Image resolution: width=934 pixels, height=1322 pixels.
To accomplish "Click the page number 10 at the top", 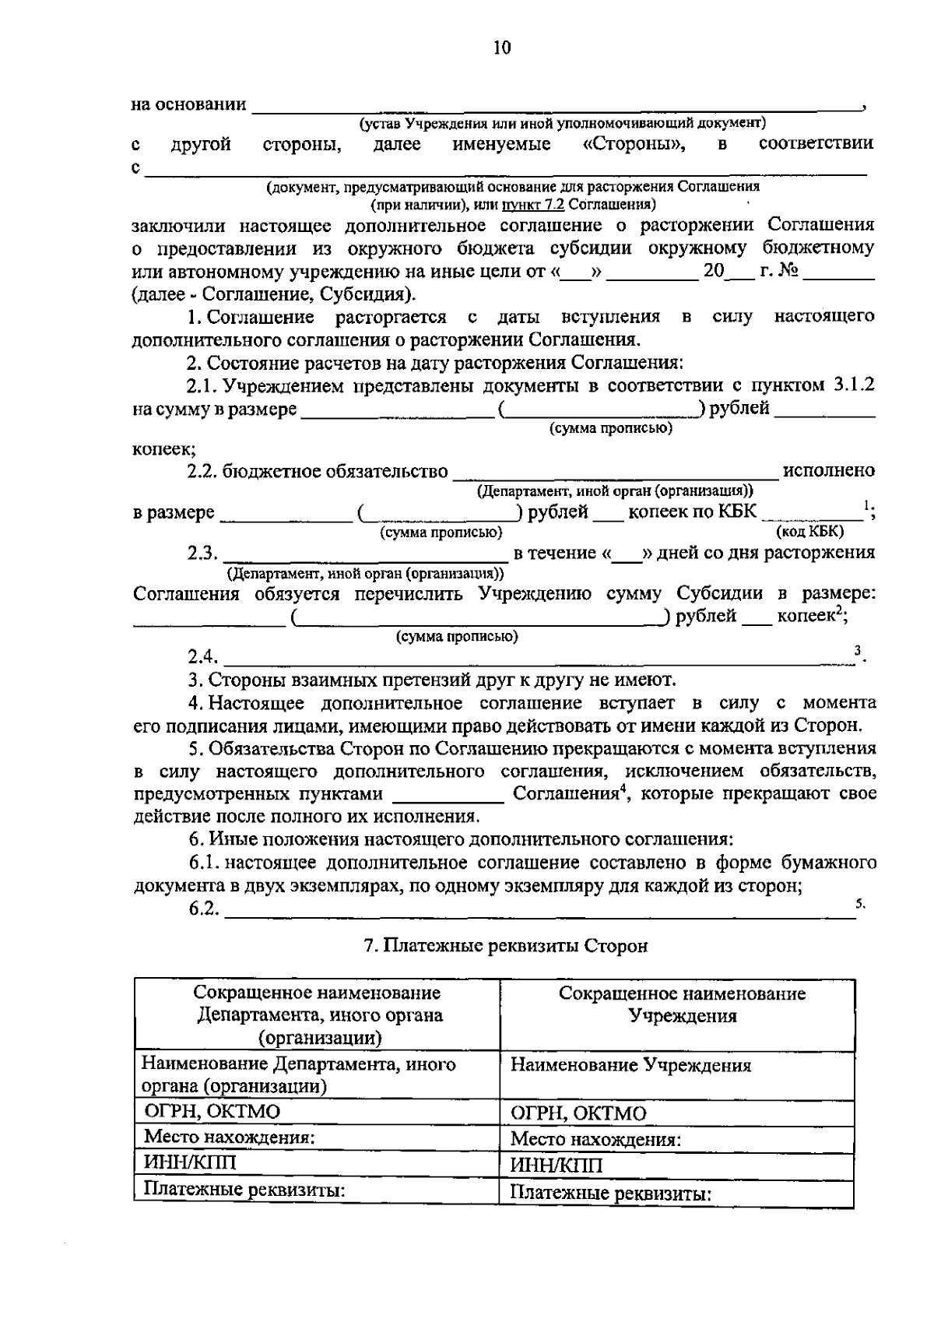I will click(502, 48).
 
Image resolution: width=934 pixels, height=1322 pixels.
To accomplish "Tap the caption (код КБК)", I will click(810, 531).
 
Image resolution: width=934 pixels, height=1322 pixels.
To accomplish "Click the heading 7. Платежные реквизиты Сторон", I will click(506, 946).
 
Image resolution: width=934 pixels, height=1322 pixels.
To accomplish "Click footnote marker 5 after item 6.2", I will click(859, 904).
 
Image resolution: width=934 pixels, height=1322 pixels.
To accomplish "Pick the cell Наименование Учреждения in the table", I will click(630, 1065).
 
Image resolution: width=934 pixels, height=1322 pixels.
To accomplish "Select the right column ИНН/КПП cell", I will click(557, 1166).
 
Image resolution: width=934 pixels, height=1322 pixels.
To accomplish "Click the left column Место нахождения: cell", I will click(229, 1137).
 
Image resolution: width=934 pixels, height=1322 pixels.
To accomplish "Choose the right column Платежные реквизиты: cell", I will click(611, 1193).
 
